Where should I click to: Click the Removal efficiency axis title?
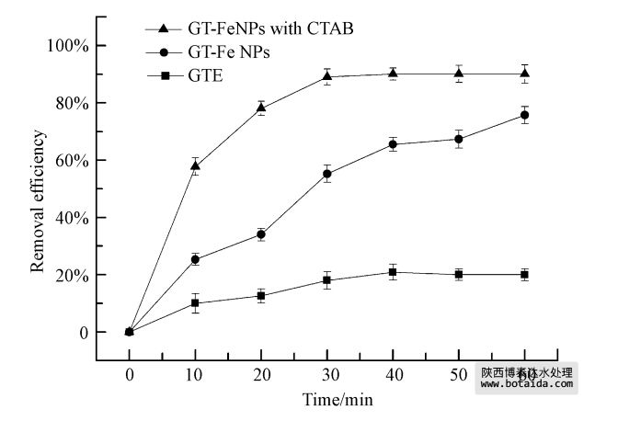coord(38,202)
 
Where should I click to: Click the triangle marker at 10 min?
coord(195,165)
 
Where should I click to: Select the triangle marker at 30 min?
coord(326,76)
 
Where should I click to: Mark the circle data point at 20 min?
coord(261,234)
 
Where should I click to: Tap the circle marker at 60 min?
coord(525,115)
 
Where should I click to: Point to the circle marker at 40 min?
coord(393,144)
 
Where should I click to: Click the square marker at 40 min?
coord(393,272)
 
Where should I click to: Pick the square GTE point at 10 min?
coord(195,302)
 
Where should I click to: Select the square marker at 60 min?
coord(525,274)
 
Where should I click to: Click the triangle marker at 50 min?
coord(459,74)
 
